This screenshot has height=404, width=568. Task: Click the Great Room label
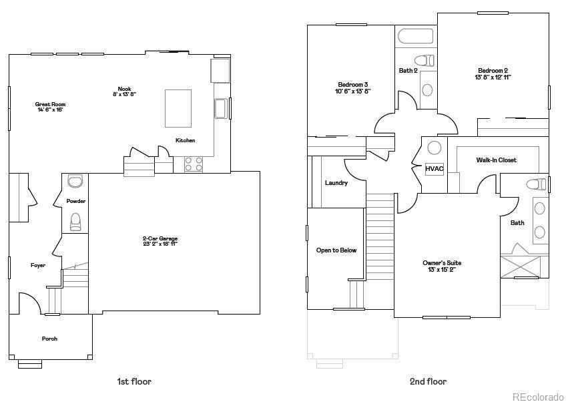(51, 104)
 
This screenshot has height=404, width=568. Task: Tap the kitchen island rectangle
(178, 108)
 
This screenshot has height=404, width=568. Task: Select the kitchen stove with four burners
(193, 164)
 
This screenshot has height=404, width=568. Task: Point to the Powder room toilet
(75, 220)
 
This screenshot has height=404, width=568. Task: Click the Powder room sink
(75, 181)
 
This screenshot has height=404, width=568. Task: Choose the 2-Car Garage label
(160, 238)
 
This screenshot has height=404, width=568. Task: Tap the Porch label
(50, 339)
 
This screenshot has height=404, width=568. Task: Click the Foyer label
(38, 265)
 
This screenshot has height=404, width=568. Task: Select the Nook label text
(124, 89)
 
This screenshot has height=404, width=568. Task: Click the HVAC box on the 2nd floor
(435, 169)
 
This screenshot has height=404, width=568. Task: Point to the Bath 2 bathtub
(414, 36)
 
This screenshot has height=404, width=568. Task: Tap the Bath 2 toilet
(424, 59)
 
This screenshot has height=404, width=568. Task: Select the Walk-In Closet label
(496, 160)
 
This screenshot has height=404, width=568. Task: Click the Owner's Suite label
(442, 263)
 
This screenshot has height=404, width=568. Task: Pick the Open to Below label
(336, 250)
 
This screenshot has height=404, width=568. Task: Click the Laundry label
(336, 182)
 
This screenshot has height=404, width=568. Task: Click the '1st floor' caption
(134, 382)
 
